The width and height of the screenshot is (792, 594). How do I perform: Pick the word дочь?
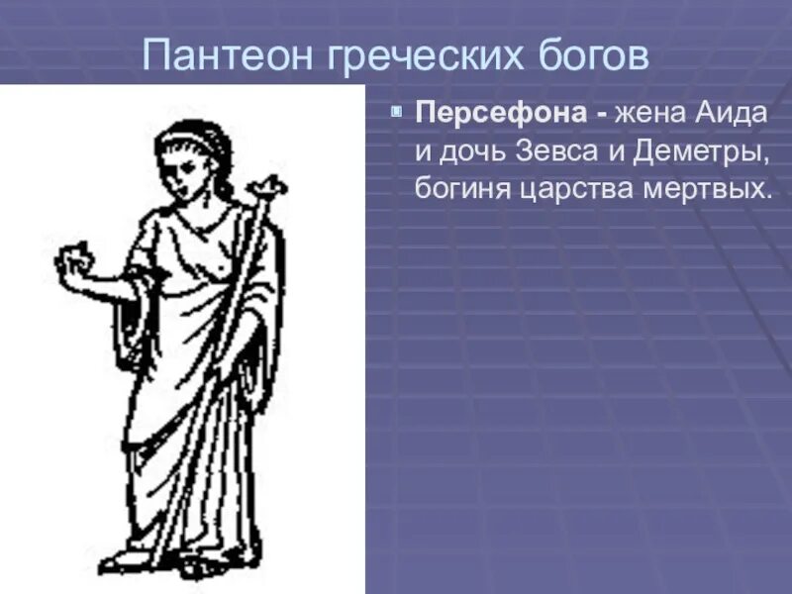coord(476,151)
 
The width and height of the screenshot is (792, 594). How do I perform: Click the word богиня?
coord(461,188)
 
